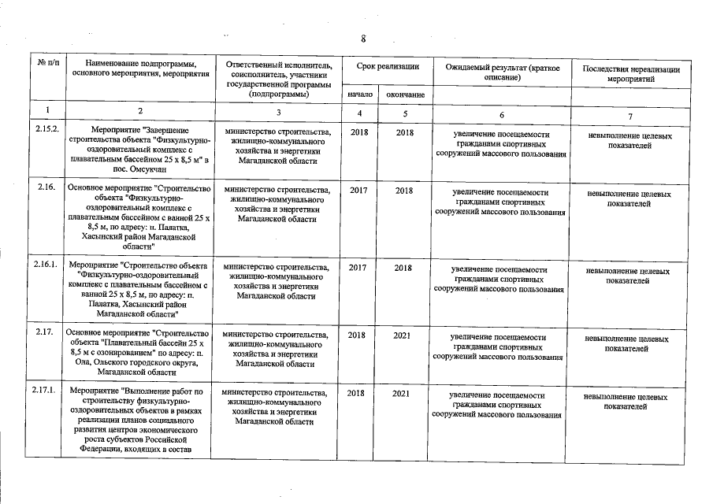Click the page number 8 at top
point(362,39)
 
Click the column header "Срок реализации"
point(386,68)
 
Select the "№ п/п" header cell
point(46,68)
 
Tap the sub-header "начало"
point(358,95)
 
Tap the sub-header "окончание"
point(406,95)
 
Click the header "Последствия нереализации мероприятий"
point(630,74)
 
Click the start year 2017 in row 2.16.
point(358,190)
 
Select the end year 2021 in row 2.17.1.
point(404,392)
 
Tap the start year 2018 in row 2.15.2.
point(358,133)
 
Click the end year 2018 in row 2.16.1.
point(404,268)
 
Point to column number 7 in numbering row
point(630,116)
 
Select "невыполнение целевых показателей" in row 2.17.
point(629,343)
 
